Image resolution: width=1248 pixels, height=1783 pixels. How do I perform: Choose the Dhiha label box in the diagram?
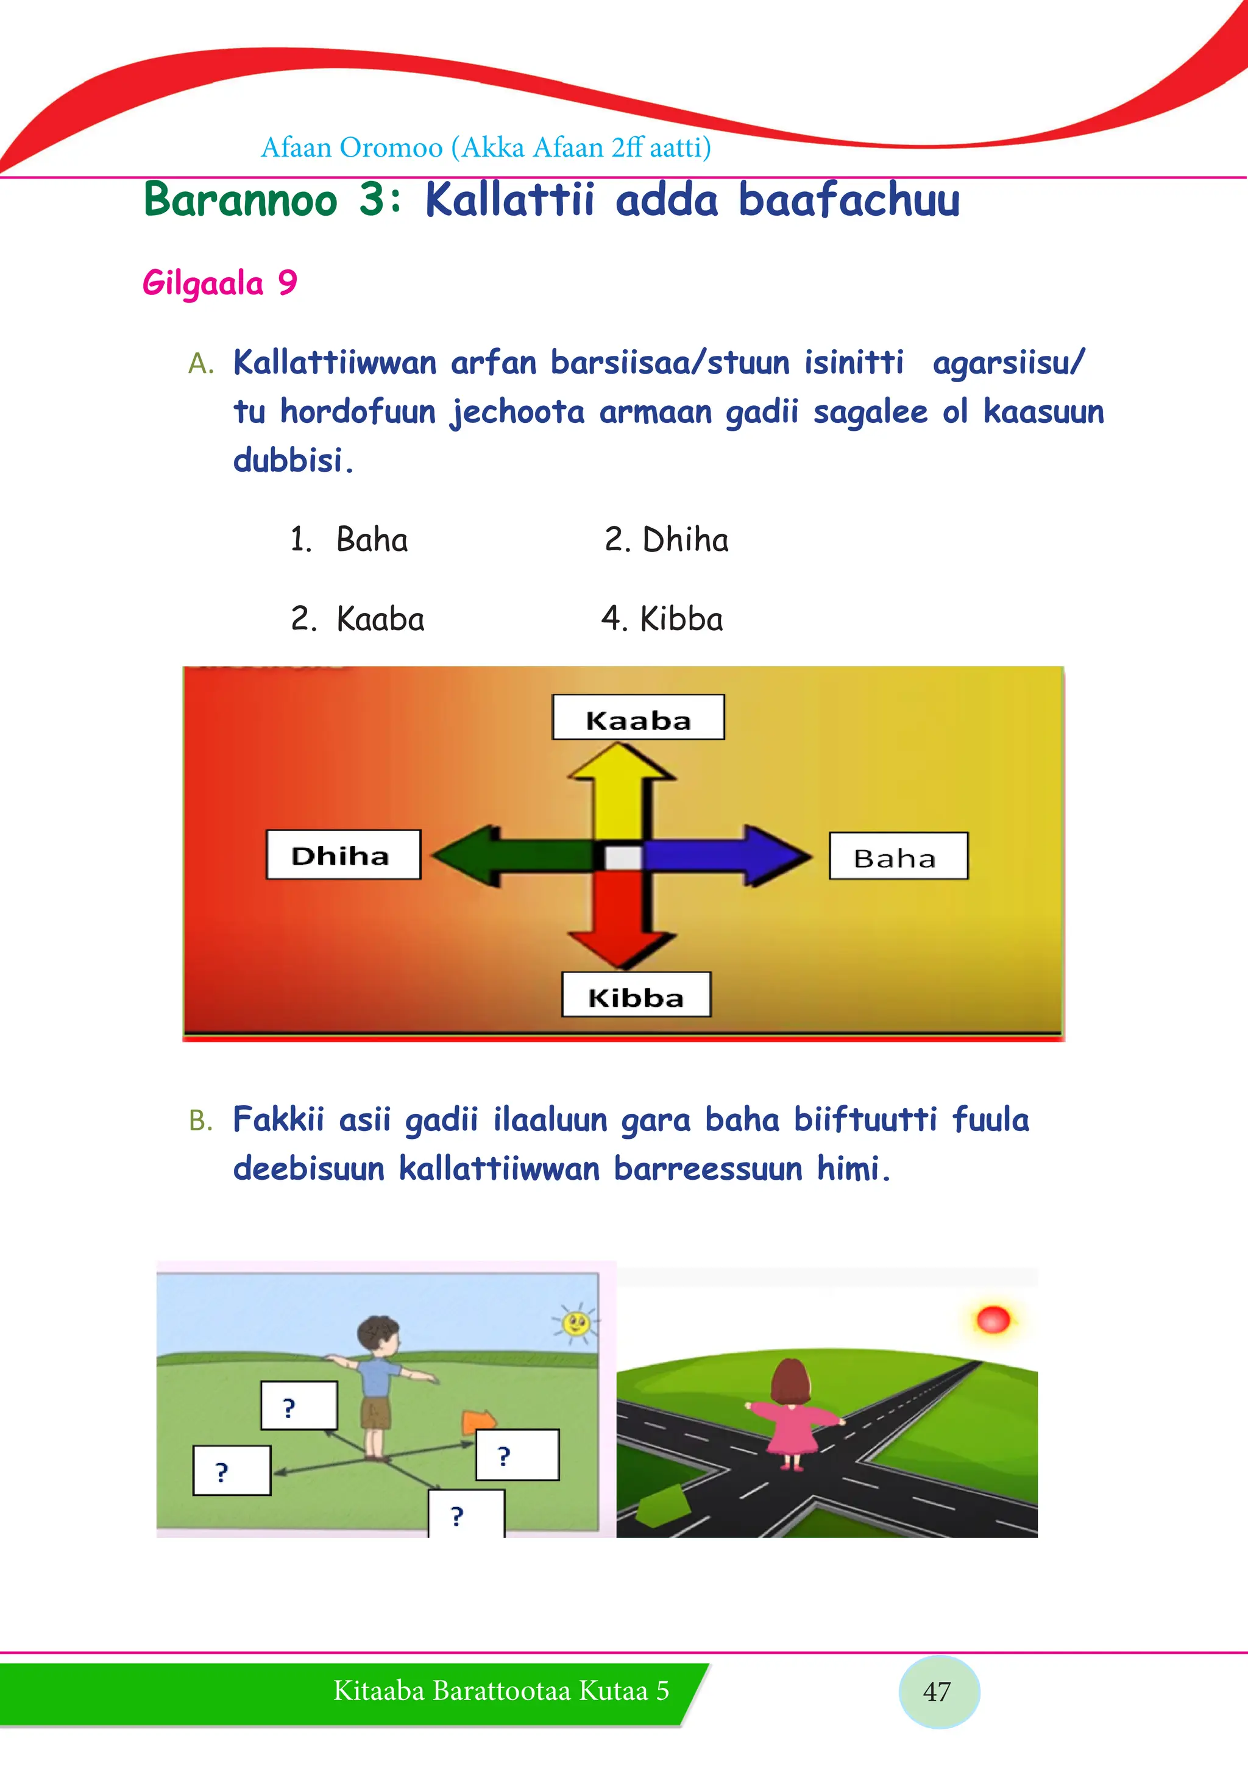coord(343,854)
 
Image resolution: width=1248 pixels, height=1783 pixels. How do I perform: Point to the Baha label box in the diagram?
coord(899,856)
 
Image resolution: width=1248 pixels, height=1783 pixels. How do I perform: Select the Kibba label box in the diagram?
coord(636,994)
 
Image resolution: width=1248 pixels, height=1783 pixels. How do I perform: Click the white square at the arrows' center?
coord(623,857)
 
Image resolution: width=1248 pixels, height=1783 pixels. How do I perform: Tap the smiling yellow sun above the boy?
coord(575,1322)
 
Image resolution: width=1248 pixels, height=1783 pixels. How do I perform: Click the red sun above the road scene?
coord(993,1319)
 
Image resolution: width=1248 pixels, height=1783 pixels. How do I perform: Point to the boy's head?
coord(378,1336)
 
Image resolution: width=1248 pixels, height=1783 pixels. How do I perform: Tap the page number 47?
coord(937,1692)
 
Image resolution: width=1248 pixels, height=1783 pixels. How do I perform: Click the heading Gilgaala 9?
coord(220,283)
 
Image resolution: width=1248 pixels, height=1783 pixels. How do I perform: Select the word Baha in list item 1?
coord(372,540)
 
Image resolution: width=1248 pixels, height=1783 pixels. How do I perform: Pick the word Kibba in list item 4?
coord(681,619)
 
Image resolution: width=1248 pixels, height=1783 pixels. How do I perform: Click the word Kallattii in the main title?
coord(510,200)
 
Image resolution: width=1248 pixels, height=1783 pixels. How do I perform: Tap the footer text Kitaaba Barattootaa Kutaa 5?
coord(501,1690)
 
